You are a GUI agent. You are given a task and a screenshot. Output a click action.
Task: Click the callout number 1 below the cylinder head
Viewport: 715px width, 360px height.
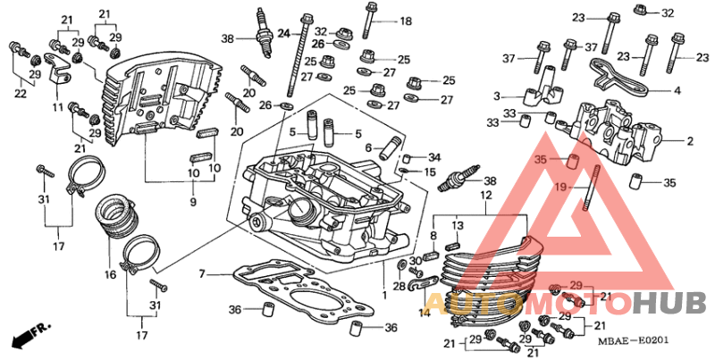click(384, 295)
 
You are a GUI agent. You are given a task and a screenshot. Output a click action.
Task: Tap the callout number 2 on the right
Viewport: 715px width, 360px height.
click(690, 142)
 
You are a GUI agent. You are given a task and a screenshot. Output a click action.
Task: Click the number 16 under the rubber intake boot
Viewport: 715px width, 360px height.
click(110, 274)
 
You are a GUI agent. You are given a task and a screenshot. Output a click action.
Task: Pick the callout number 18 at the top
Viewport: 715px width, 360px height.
click(406, 21)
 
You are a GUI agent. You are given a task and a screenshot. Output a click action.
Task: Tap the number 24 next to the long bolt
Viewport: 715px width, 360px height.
click(283, 33)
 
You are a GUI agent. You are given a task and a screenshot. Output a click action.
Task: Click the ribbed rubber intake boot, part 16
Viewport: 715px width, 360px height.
click(117, 216)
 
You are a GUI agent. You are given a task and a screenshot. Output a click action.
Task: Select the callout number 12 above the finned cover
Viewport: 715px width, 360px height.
click(486, 196)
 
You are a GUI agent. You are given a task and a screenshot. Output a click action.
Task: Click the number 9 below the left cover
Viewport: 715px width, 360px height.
click(193, 201)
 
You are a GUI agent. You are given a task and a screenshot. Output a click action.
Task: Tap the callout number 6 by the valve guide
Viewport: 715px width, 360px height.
click(369, 147)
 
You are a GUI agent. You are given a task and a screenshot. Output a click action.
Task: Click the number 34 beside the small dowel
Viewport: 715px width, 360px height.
click(434, 158)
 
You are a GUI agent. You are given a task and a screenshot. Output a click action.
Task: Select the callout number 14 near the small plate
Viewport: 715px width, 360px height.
click(425, 313)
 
